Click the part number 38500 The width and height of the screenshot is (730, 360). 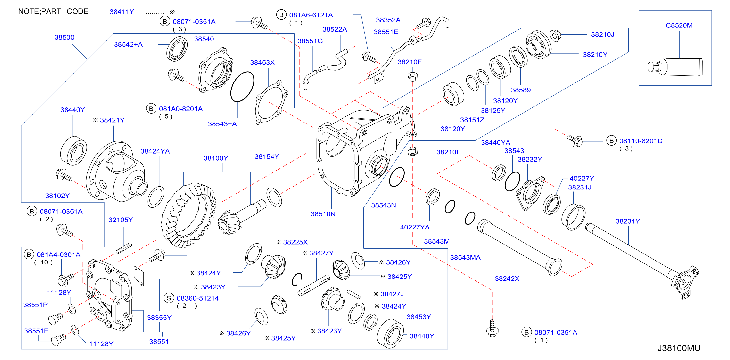click(64, 37)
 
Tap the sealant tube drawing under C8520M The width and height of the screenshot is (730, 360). click(675, 67)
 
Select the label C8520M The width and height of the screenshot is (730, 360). click(679, 25)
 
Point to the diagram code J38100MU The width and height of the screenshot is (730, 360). click(679, 348)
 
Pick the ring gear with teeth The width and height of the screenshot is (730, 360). click(189, 215)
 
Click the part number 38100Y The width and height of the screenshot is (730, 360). click(216, 158)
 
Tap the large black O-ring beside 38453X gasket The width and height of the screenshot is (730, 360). click(242, 86)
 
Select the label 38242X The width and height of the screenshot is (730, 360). click(507, 278)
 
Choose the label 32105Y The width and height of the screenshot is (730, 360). click(121, 220)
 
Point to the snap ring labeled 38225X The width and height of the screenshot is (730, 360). click(297, 279)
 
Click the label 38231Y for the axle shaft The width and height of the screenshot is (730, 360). click(628, 221)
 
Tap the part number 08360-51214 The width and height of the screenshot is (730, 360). click(197, 298)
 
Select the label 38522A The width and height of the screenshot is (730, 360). click(335, 29)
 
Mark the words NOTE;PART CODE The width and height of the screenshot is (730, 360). click(53, 11)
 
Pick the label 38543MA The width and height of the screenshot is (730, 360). click(465, 257)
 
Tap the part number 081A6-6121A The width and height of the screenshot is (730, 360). click(311, 15)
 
